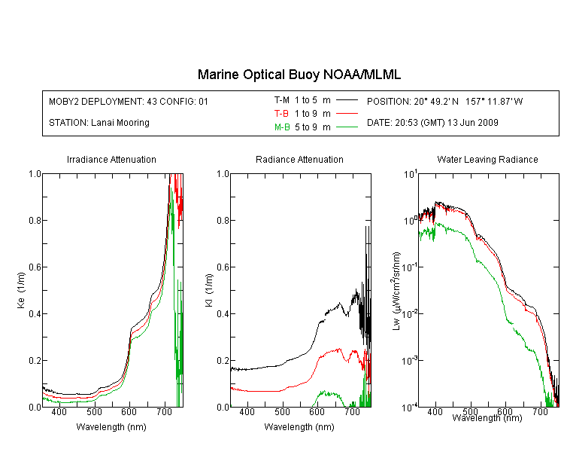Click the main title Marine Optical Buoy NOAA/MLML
[299, 75]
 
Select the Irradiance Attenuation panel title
[111, 159]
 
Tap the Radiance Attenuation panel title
[299, 159]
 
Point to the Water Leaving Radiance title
[487, 159]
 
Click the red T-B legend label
[281, 114]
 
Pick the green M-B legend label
[282, 127]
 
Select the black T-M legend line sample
[347, 100]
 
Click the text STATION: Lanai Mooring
[99, 123]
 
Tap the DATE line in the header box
[432, 123]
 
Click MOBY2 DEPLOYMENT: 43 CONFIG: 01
[129, 101]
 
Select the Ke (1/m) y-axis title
[21, 290]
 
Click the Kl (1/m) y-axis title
[209, 290]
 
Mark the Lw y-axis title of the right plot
[396, 291]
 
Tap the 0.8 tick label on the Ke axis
[35, 220]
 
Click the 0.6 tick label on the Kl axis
[223, 267]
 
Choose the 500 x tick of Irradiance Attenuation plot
[94, 411]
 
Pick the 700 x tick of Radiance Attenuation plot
[353, 411]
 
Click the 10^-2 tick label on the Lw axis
[410, 313]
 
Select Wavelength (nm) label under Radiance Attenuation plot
[299, 427]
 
